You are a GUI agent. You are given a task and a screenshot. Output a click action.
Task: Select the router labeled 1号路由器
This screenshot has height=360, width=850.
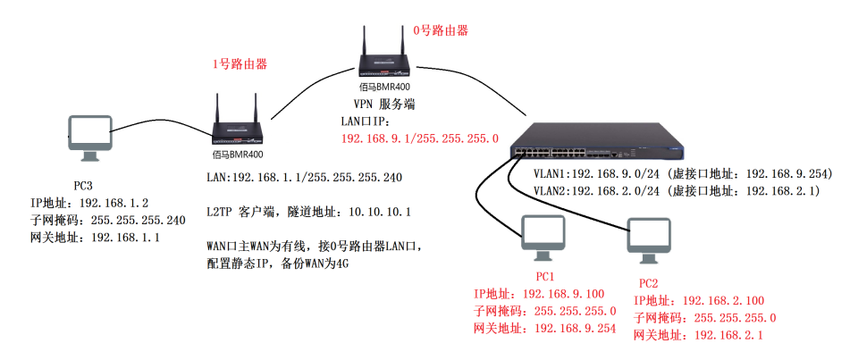[x=236, y=125]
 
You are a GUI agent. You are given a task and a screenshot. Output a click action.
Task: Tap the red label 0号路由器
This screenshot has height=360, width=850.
[x=440, y=30]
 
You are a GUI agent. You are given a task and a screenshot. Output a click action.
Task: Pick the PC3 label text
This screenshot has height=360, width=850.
[x=85, y=186]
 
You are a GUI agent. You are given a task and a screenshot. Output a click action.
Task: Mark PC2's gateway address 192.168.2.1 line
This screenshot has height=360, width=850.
[x=700, y=335]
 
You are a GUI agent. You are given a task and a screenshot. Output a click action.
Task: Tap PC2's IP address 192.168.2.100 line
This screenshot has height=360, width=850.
[x=700, y=301]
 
